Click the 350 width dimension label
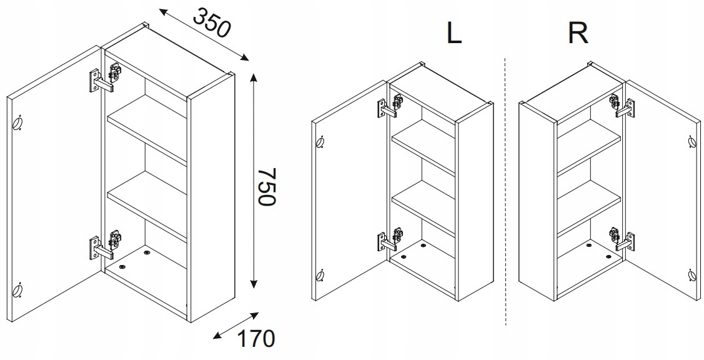[212, 22]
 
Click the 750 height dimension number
[265, 186]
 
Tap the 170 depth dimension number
[255, 339]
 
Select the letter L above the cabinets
[454, 32]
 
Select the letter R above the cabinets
[577, 32]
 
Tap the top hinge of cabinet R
[622, 106]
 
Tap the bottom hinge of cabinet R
[622, 239]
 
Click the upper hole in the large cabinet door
[17, 122]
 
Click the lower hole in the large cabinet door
[17, 291]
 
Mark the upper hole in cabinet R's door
[692, 142]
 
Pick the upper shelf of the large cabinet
[146, 128]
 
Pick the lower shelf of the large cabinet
[146, 205]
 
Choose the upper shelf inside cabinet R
[589, 146]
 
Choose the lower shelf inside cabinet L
[424, 208]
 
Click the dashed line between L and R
[505, 191]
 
